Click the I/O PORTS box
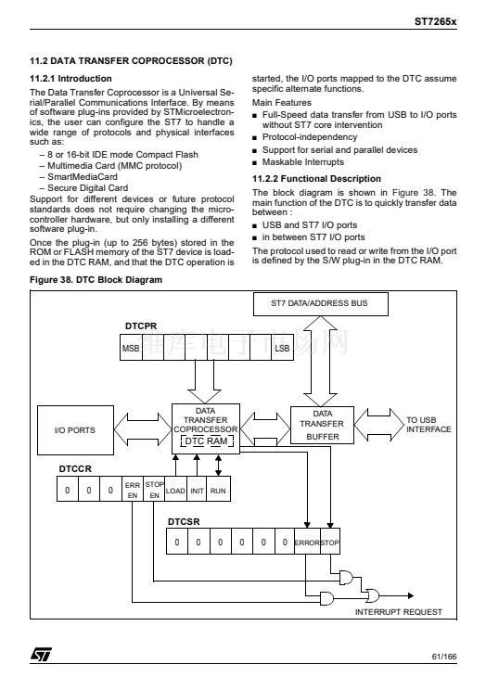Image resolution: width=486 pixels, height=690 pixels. pyautogui.click(x=75, y=430)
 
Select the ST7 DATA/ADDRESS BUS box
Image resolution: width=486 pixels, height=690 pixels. pyautogui.click(x=321, y=303)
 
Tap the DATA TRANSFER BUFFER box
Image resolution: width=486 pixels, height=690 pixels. pyautogui.click(x=322, y=425)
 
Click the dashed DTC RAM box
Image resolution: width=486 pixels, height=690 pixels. pyautogui.click(x=207, y=441)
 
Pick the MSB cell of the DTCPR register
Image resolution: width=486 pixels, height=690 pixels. pyautogui.click(x=131, y=348)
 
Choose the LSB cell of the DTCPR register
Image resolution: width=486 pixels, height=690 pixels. pyautogui.click(x=282, y=348)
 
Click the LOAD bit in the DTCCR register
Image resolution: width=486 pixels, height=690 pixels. pyautogui.click(x=175, y=491)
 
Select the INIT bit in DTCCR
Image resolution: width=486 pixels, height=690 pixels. pyautogui.click(x=198, y=491)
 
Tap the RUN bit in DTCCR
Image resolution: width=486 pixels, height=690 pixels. pyautogui.click(x=219, y=491)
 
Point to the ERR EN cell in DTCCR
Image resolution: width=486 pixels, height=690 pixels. pyautogui.click(x=133, y=490)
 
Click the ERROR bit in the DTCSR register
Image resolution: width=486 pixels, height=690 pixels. pyautogui.click(x=307, y=543)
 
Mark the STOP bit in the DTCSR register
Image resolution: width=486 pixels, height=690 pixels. pyautogui.click(x=330, y=543)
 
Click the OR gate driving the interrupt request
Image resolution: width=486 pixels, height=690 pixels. pyautogui.click(x=373, y=595)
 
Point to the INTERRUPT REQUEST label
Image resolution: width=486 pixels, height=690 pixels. pyautogui.click(x=399, y=612)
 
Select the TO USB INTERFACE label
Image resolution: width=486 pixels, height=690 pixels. pyautogui.click(x=428, y=425)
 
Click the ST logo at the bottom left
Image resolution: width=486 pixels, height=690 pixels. pyautogui.click(x=41, y=654)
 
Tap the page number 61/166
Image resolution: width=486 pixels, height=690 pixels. pyautogui.click(x=444, y=657)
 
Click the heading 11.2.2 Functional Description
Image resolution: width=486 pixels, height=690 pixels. pyautogui.click(x=316, y=179)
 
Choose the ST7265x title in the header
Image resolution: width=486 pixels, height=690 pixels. pyautogui.click(x=435, y=21)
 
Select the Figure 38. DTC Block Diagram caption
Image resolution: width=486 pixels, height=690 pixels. pyautogui.click(x=96, y=280)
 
